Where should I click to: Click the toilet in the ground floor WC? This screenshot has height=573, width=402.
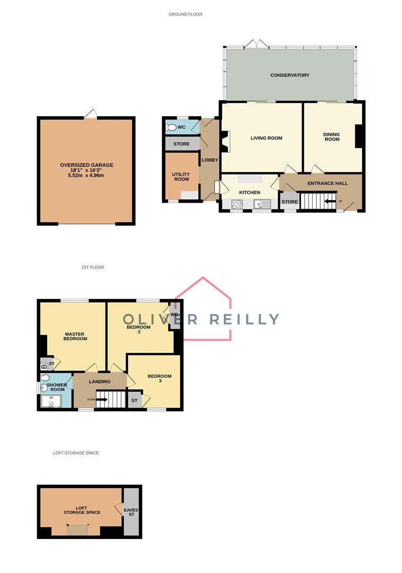point(172,127)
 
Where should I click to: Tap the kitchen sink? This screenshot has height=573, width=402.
point(262,203)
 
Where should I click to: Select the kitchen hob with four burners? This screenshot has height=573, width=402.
point(237,203)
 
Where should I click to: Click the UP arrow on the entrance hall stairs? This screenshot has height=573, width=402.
point(330,201)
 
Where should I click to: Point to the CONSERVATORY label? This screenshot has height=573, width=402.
point(289,75)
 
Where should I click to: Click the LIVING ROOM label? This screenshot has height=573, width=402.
point(266,138)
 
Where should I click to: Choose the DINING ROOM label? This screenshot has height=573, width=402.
point(331,137)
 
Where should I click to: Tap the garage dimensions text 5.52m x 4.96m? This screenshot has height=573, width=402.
point(86,175)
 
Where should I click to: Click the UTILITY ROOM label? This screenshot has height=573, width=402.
point(181,177)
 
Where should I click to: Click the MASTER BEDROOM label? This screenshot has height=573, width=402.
point(75,336)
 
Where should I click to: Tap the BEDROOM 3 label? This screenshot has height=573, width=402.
point(159,379)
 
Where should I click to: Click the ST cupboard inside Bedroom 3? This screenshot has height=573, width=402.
point(134,400)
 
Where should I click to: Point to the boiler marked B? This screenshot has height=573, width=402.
point(44,366)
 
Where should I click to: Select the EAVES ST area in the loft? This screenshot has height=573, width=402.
point(131,511)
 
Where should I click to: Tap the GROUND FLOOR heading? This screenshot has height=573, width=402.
point(185,14)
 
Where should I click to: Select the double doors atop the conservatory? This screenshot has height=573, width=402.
point(256,43)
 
